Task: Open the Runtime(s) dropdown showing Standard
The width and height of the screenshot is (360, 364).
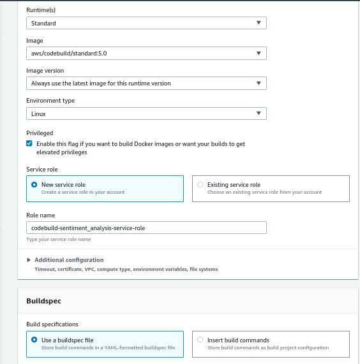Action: (x=146, y=23)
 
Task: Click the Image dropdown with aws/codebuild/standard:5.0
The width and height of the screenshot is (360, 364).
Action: (x=146, y=53)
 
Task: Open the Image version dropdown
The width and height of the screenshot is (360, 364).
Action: (x=146, y=83)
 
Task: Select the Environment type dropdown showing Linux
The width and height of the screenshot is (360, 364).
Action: (x=146, y=113)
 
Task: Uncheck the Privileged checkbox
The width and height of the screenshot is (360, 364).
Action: (x=29, y=144)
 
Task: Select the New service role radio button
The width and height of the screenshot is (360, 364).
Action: (x=34, y=185)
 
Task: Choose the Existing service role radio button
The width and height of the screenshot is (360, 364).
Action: (x=200, y=185)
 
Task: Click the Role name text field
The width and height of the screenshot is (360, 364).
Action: (x=146, y=228)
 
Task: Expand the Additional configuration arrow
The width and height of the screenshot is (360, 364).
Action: (x=29, y=260)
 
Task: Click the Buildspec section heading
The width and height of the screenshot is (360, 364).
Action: (x=43, y=300)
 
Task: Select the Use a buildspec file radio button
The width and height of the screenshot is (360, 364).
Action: (x=34, y=340)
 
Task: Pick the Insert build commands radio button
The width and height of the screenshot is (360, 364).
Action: (x=200, y=340)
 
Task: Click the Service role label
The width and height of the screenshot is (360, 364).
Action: (x=41, y=169)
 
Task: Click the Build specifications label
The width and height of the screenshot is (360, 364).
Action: (x=52, y=324)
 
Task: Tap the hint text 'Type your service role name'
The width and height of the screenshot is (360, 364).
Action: (x=59, y=240)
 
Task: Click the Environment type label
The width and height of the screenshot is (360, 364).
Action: (x=50, y=101)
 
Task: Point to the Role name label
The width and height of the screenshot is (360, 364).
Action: (x=40, y=215)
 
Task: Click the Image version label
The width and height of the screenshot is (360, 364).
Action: (x=45, y=70)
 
